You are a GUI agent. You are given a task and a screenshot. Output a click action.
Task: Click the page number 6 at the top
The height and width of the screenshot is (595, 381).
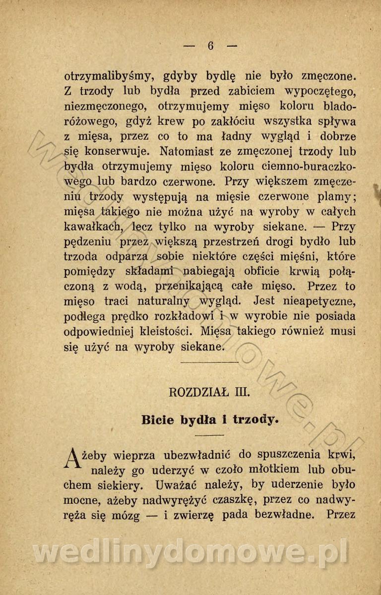coord(210,46)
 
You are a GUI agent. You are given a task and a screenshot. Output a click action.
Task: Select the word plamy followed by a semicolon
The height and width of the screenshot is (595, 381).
coord(337,196)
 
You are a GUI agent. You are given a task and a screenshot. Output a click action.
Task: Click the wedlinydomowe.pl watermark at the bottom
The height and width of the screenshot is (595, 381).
coord(190,550)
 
